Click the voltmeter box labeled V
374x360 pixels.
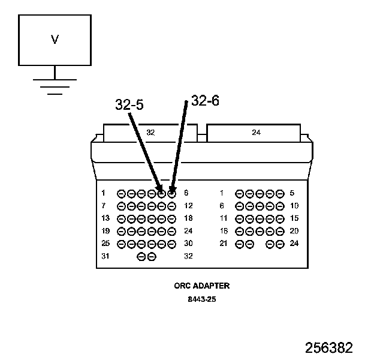[x=55, y=40]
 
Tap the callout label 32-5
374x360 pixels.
[x=129, y=106]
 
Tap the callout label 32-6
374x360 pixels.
[x=205, y=101]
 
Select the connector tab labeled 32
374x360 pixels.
[x=150, y=133]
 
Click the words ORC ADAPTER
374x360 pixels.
[x=201, y=286]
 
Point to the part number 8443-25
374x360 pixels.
[x=201, y=299]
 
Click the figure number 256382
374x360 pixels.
[x=329, y=348]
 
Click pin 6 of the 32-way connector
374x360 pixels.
[x=172, y=194]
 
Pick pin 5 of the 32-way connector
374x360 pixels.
[x=162, y=194]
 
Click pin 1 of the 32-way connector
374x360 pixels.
[x=121, y=194]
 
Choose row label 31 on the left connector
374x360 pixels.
[x=105, y=256]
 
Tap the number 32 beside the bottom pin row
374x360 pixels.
[x=188, y=256]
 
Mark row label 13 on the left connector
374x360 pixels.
[x=105, y=218]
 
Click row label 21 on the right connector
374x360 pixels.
[x=224, y=244]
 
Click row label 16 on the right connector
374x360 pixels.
[x=224, y=231]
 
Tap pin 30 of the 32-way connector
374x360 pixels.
[x=172, y=244]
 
